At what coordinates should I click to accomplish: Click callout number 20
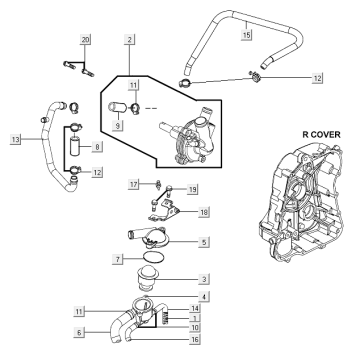[x=85, y=40]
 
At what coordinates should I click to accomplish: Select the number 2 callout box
[x=129, y=40]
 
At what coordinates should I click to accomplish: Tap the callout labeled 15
[x=246, y=34]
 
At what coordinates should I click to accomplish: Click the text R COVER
[x=321, y=135]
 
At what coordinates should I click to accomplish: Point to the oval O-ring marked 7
[x=154, y=258]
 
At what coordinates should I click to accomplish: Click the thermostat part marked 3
[x=149, y=279]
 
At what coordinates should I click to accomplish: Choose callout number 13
[x=15, y=139]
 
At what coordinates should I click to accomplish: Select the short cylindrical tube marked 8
[x=76, y=146]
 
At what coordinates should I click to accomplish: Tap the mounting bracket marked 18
[x=164, y=212]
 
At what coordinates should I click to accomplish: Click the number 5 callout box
[x=204, y=242]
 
